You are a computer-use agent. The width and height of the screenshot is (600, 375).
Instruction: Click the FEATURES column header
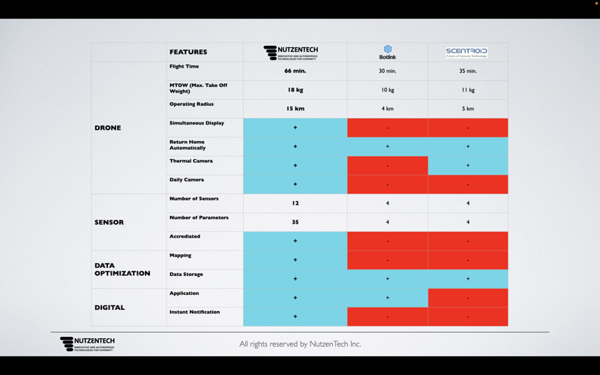[188, 52]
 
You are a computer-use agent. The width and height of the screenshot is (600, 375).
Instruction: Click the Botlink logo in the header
[388, 52]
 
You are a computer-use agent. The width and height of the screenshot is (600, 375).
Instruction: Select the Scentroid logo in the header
[466, 52]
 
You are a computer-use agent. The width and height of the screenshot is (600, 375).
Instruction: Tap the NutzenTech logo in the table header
[291, 52]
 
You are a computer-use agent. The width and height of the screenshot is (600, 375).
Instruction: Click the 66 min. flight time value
[295, 71]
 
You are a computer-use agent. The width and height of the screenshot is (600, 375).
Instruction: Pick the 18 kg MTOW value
[295, 90]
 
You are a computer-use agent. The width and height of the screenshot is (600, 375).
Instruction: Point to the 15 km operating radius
[295, 109]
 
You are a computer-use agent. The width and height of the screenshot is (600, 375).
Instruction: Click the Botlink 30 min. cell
[388, 71]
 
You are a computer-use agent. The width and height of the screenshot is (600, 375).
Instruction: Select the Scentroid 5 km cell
[467, 109]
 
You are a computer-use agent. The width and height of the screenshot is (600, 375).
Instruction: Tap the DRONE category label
[108, 127]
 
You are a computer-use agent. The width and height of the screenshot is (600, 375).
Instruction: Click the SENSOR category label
[109, 222]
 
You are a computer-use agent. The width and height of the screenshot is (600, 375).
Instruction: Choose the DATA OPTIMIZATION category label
[122, 269]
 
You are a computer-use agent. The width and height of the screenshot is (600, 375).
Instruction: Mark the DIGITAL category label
[109, 307]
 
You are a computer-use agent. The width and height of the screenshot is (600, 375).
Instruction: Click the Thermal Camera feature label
[191, 161]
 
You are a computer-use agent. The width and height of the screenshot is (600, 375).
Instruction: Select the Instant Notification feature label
[195, 312]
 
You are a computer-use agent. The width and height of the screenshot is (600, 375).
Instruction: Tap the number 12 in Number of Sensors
[295, 203]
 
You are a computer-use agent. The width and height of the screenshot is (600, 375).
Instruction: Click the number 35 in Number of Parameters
[295, 222]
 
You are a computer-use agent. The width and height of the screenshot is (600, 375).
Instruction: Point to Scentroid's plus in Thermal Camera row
[467, 165]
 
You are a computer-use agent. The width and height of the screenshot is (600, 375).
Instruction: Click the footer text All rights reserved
[300, 344]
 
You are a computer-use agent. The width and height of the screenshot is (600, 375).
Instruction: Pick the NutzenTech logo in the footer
[88, 344]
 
